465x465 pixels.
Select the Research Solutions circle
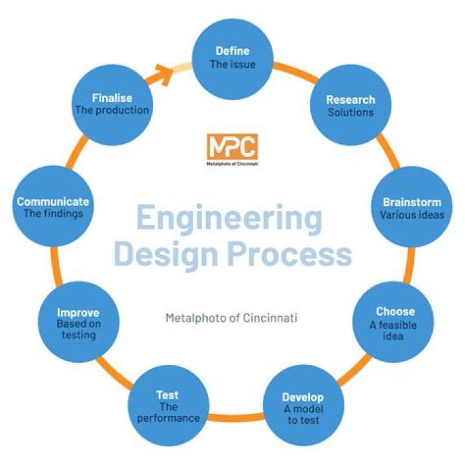pyautogui.click(x=349, y=105)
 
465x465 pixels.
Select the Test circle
pyautogui.click(x=169, y=405)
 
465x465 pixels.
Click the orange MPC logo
pyautogui.click(x=232, y=147)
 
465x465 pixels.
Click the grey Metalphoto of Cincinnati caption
pyautogui.click(x=232, y=318)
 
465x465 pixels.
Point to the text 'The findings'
pyautogui.click(x=53, y=213)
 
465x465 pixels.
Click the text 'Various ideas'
pyautogui.click(x=412, y=214)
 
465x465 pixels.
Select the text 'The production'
pyautogui.click(x=112, y=110)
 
